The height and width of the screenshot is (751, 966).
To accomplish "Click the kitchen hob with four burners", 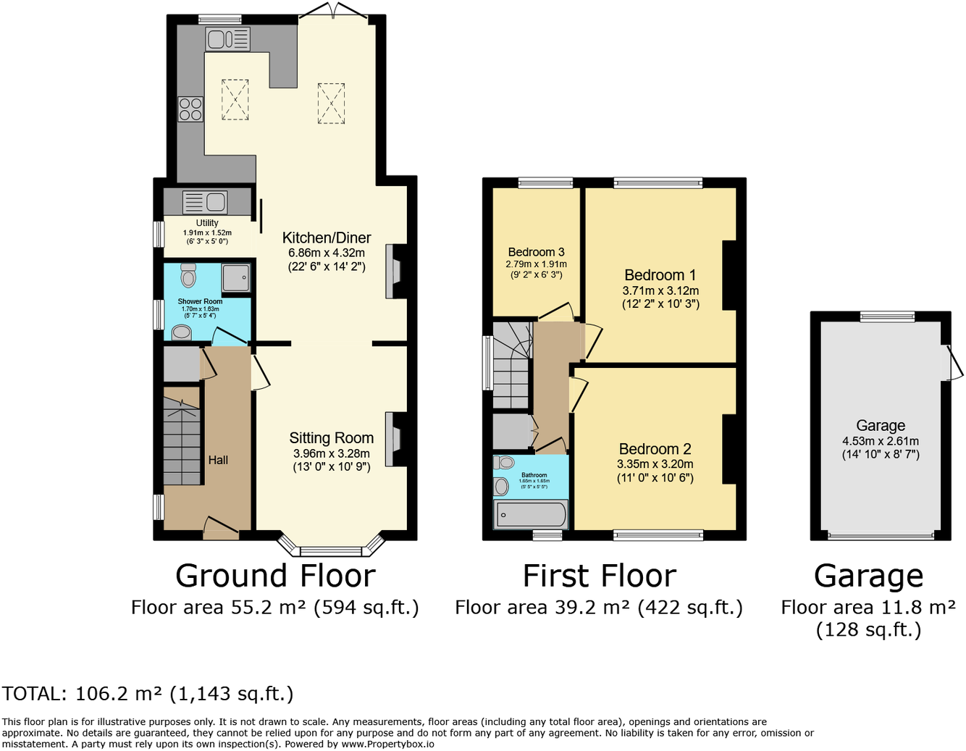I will point(190,109).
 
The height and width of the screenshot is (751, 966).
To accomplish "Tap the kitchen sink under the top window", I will point(227,38).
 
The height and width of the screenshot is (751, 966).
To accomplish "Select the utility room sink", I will point(205,201).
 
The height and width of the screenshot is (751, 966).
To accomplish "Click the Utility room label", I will point(207,223).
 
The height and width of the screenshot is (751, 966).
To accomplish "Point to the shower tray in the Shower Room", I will point(236,277).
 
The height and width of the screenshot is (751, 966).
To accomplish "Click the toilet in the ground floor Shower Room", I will point(188,275).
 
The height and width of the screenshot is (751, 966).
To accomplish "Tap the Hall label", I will point(218,460).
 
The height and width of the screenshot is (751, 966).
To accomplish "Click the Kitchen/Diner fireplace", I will point(395,272).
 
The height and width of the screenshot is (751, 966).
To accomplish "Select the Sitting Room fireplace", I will point(395,440).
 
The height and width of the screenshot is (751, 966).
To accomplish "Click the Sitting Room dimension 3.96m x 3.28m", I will point(331,453).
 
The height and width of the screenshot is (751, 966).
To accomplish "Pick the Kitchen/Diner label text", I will point(327,238).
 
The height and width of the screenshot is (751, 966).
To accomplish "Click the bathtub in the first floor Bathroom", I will point(530,515).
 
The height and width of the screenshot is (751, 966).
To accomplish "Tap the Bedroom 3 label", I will point(536,252).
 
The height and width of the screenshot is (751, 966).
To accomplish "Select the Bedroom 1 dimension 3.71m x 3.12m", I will point(660,290).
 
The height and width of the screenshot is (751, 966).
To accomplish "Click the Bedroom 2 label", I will point(655,449).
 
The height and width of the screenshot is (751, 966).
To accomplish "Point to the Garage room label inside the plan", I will point(881,426).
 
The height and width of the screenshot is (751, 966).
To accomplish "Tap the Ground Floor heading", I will point(275,576).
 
